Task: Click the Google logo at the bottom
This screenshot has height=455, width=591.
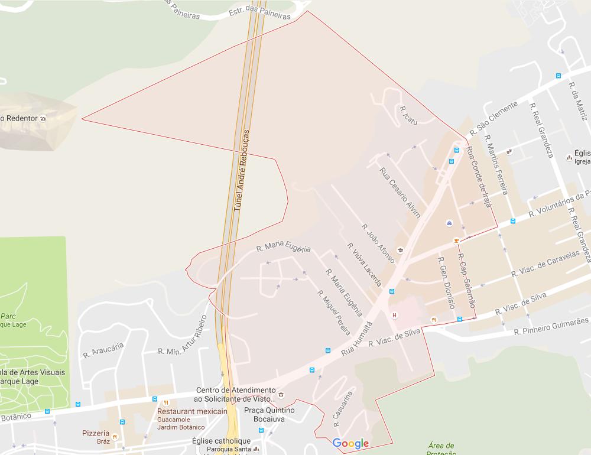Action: point(350,443)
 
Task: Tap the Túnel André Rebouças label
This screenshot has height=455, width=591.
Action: point(242,171)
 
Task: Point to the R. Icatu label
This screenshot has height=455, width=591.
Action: point(408,116)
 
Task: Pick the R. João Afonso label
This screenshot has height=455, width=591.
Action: point(378,243)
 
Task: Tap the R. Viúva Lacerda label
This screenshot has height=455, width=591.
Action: point(364,264)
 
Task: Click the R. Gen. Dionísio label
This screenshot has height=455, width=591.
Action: point(446,282)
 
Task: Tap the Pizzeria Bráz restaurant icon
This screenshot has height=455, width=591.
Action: point(115,437)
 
